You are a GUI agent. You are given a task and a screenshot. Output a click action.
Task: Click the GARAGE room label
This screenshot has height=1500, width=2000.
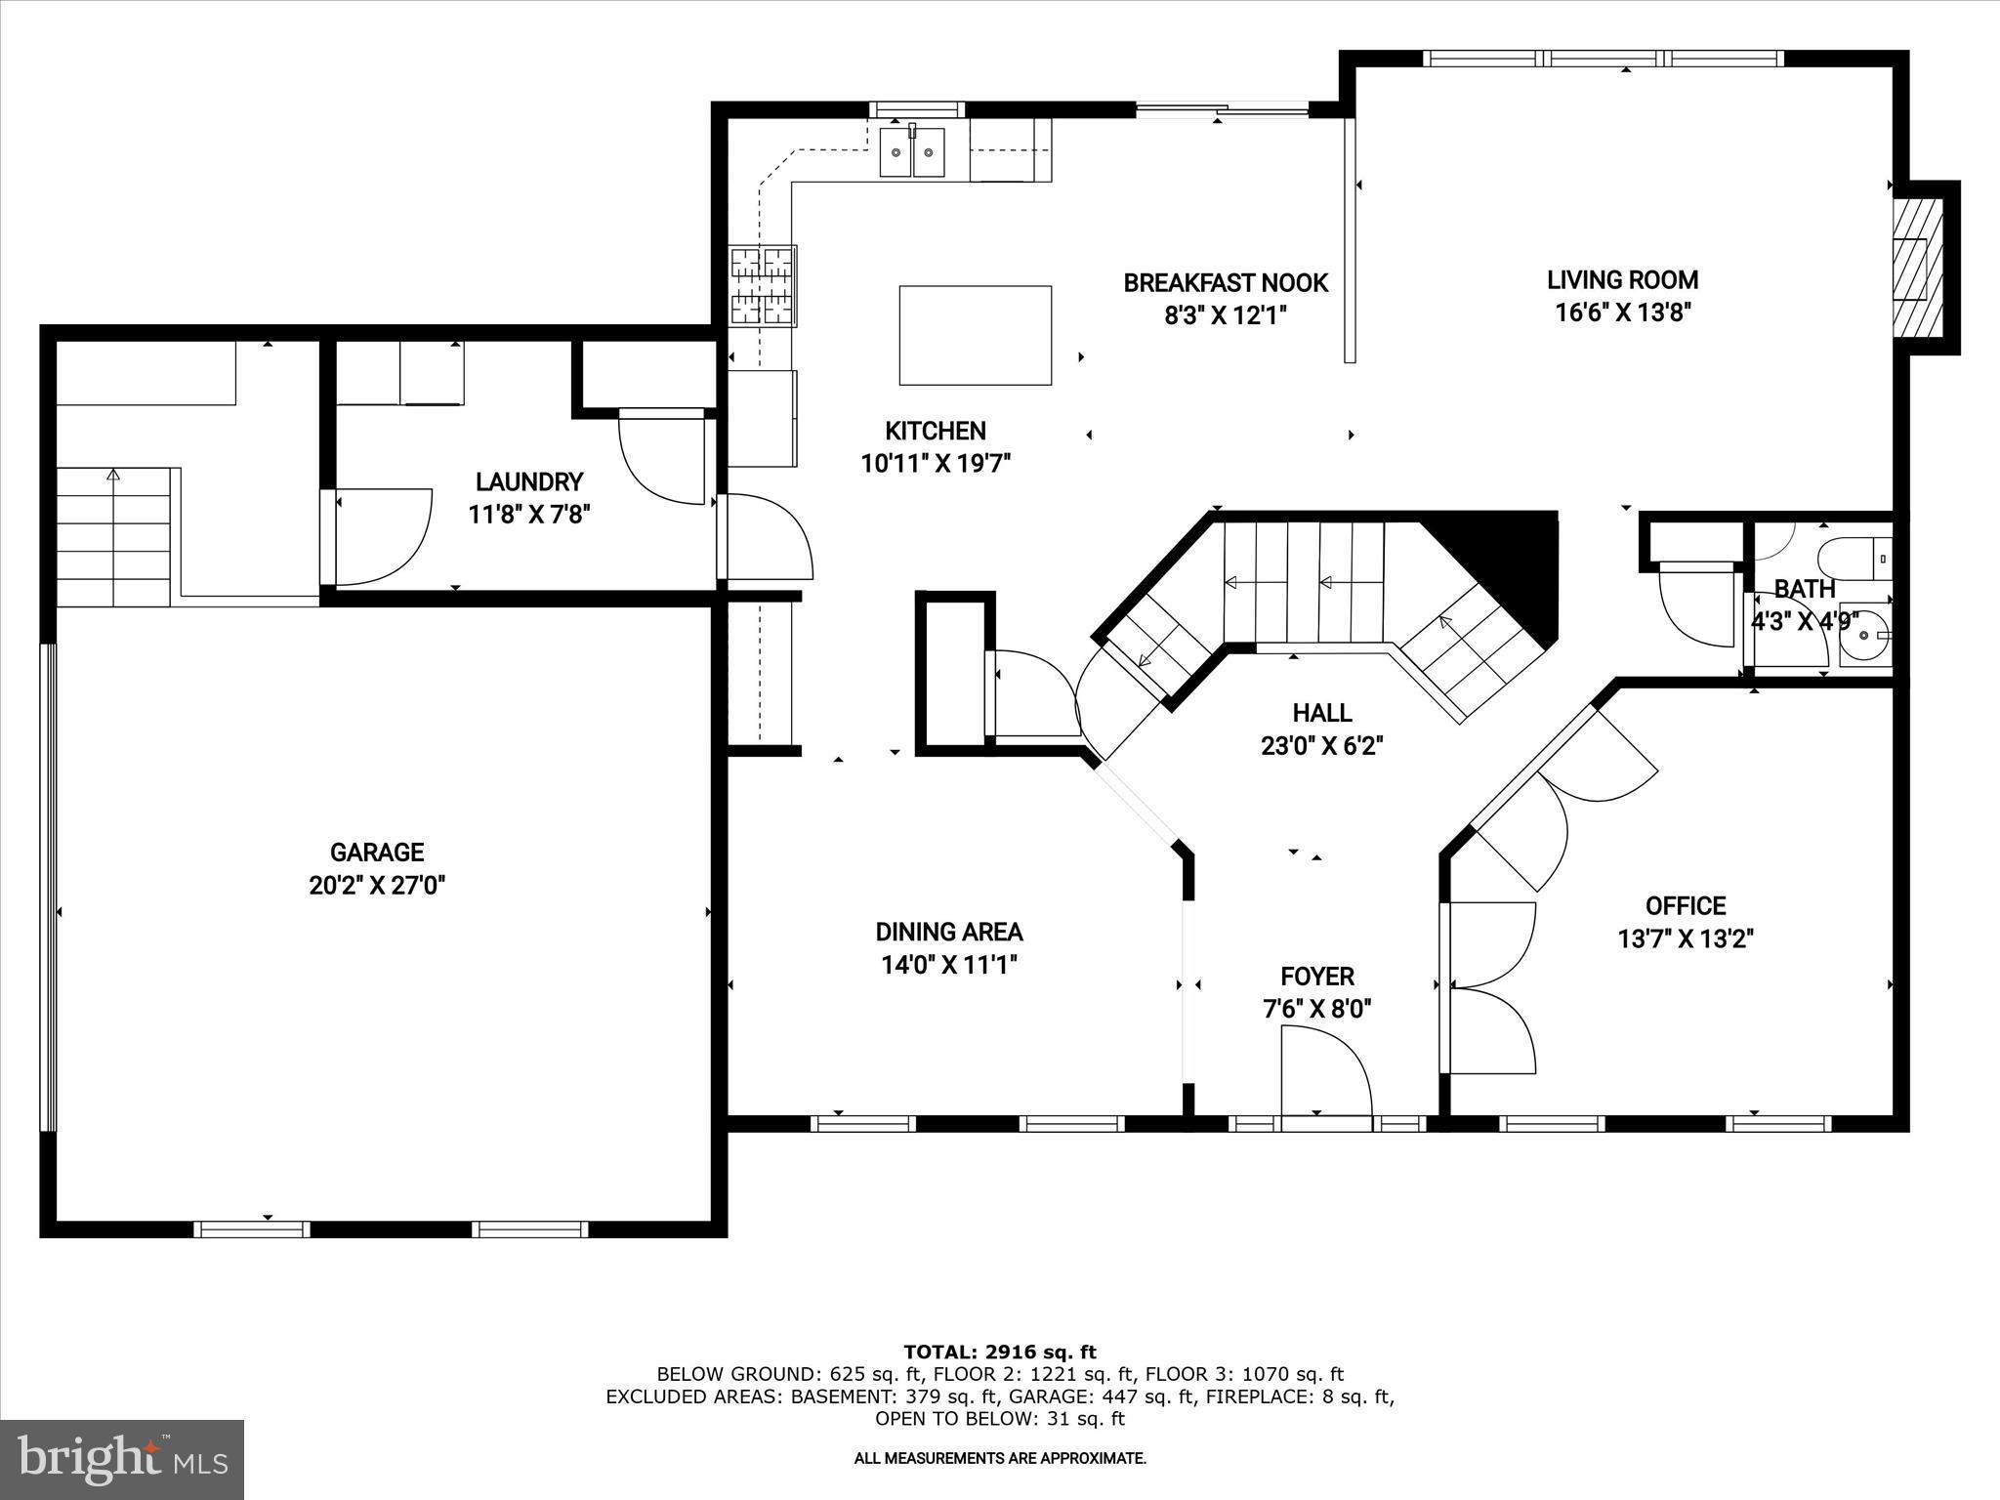[377, 853]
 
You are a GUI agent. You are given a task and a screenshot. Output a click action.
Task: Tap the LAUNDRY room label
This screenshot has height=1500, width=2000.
[529, 481]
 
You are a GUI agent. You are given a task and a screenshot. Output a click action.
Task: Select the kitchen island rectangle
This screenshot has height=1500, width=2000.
[976, 335]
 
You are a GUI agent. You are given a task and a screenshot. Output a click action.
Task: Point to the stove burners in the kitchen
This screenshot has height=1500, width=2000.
[764, 285]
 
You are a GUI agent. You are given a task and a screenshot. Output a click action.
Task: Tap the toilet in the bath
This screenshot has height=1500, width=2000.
[1854, 558]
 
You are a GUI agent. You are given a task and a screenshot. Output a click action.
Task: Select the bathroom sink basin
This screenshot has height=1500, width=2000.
[1866, 635]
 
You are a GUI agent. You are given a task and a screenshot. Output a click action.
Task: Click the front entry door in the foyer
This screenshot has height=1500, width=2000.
[1326, 1074]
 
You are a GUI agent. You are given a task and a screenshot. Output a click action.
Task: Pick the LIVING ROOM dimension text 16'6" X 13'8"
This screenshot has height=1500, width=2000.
[1623, 312]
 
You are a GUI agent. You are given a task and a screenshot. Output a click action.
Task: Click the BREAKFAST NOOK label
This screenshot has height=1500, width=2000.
[1226, 283]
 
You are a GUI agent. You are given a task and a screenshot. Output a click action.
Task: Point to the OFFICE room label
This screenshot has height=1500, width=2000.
[1686, 906]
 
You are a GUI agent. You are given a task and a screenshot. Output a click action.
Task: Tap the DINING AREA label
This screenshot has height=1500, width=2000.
[949, 933]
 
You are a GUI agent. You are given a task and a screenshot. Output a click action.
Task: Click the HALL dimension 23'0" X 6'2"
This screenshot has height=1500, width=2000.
[1322, 746]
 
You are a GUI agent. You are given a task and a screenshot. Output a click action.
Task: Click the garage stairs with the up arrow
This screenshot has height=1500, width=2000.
[114, 536]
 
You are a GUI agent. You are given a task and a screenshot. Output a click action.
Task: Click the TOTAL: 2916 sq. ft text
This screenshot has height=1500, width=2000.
[1000, 1353]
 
